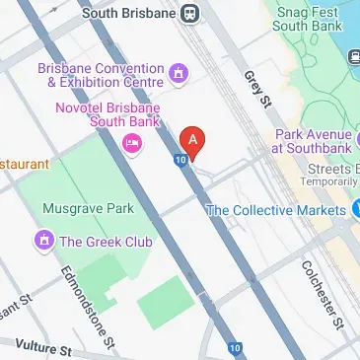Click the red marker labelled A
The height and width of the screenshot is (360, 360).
coord(194,141)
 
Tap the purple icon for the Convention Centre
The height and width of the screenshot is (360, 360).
coord(178,73)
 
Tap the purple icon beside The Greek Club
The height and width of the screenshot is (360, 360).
coord(43,240)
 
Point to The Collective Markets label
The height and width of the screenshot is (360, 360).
coord(275,209)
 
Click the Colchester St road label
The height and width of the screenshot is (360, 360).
coord(322,293)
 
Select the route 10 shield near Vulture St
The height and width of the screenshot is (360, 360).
coord(236,347)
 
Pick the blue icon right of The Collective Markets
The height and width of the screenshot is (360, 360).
coord(356,209)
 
